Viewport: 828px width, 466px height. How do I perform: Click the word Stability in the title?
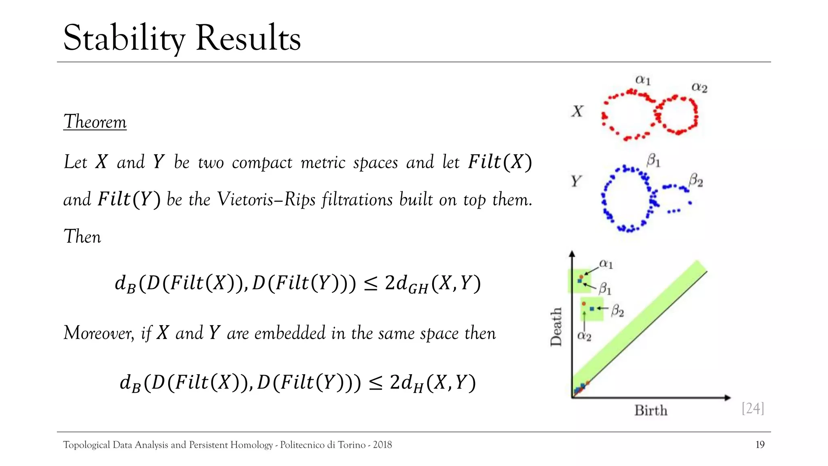point(124,38)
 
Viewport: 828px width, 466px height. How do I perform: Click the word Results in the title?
point(248,38)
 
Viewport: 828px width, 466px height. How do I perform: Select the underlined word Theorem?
point(95,122)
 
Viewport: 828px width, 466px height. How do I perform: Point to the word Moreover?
point(98,333)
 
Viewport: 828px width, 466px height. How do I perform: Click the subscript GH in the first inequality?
point(418,288)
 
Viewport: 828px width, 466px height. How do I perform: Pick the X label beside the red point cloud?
point(577,111)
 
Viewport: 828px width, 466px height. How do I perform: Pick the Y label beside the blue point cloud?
point(576,181)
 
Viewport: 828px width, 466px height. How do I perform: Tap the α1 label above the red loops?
point(643,80)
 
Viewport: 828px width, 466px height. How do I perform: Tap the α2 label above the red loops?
point(699,87)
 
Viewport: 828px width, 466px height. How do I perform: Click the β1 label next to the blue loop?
point(653,161)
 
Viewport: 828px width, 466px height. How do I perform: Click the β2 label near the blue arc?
point(696,180)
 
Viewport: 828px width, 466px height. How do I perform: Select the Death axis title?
point(556,327)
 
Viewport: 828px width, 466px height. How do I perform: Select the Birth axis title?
point(651,410)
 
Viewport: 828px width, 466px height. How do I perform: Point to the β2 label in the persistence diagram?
point(617,310)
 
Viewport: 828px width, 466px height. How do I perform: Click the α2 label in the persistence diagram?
point(584,335)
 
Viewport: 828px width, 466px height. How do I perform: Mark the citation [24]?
point(753,408)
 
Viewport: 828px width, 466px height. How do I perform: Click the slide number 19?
point(760,445)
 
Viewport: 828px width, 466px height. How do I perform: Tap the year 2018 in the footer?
point(382,445)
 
